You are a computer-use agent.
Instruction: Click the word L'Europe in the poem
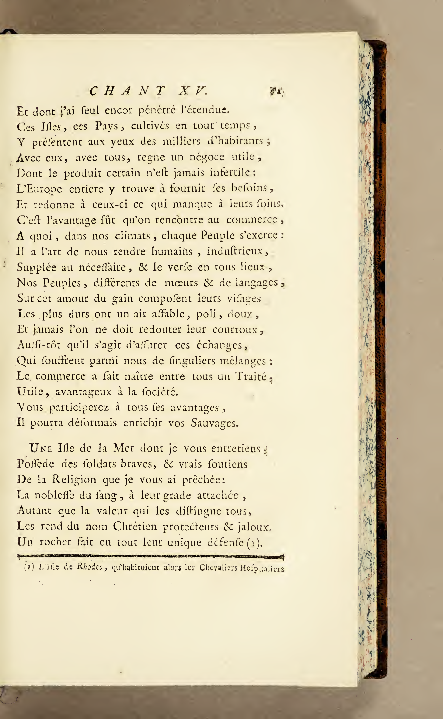[x=39, y=189]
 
